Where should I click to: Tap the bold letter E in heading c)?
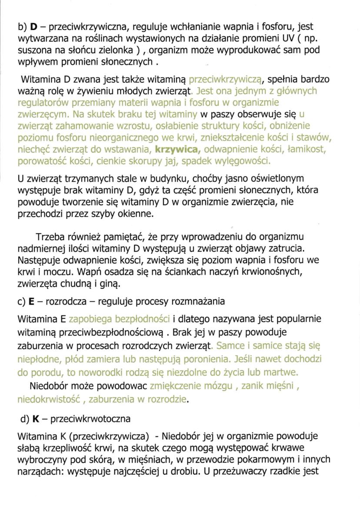[x=32, y=301]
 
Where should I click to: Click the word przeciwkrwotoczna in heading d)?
[x=90, y=419]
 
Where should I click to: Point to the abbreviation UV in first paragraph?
[x=277, y=39]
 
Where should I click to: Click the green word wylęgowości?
[x=241, y=161]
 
